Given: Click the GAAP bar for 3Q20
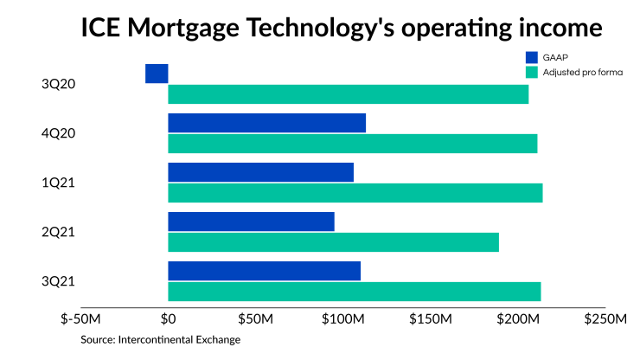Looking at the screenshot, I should (x=157, y=74).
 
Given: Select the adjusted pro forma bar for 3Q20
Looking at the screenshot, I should (x=348, y=94).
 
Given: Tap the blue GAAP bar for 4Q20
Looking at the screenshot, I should (x=266, y=123).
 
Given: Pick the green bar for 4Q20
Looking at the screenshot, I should (x=352, y=144).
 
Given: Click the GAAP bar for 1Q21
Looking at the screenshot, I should (x=260, y=172).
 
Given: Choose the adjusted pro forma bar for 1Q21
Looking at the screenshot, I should (x=355, y=193).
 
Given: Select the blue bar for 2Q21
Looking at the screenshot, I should (x=251, y=222).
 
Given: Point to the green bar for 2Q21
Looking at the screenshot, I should (x=333, y=242).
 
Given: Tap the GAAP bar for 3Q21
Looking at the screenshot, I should (x=264, y=271).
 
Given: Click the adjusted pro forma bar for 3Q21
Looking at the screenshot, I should (x=354, y=292).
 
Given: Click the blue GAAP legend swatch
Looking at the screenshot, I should (x=532, y=58).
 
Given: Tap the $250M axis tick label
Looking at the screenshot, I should (x=606, y=320).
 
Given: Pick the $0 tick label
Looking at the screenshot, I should (x=169, y=320).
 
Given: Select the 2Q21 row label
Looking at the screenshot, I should (x=58, y=232).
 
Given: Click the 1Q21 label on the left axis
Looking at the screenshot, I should (x=58, y=183).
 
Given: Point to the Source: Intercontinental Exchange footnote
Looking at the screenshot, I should (x=160, y=340).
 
